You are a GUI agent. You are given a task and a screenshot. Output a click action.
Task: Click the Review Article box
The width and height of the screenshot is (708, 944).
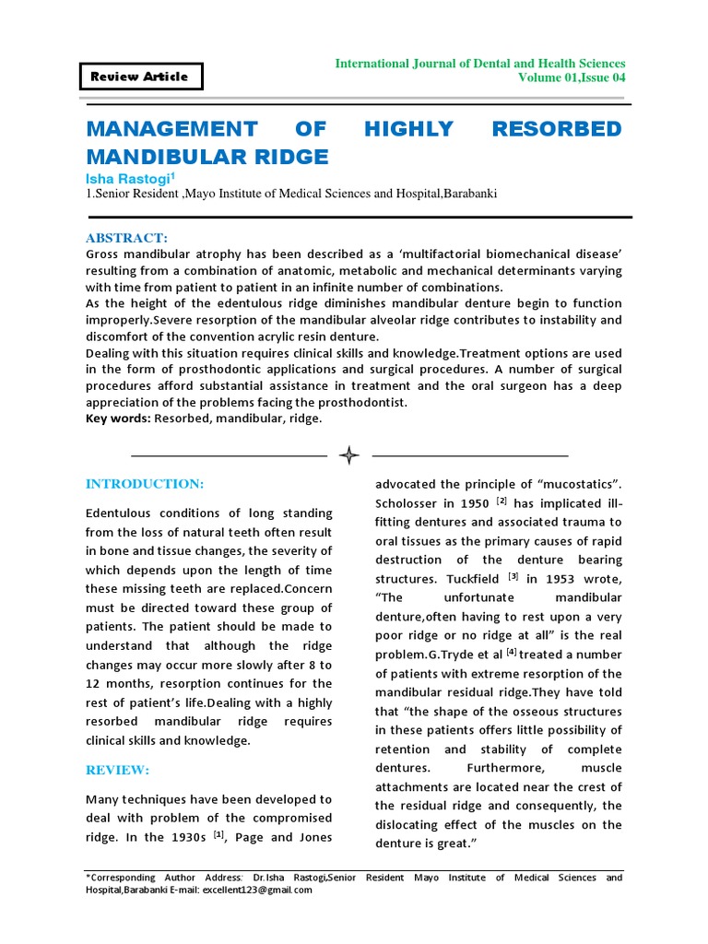point(140,77)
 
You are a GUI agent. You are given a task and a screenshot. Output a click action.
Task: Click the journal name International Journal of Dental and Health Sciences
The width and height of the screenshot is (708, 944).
point(479,63)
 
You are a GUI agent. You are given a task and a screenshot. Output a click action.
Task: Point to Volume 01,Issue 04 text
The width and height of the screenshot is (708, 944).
point(572,78)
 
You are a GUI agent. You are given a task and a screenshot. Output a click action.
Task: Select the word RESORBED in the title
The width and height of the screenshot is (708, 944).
point(557,128)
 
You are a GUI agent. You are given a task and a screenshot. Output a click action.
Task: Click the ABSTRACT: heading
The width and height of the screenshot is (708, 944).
point(127,238)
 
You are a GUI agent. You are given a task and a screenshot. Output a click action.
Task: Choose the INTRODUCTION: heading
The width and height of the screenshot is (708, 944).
point(145,484)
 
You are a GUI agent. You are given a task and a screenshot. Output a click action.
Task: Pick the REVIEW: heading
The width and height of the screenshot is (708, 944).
point(117,770)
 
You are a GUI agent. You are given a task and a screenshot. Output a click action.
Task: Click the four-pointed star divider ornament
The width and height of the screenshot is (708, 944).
point(349,455)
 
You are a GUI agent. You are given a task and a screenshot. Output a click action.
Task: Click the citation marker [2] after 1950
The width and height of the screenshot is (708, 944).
point(501,501)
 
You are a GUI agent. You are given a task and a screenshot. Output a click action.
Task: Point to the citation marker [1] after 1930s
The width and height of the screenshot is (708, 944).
point(218,834)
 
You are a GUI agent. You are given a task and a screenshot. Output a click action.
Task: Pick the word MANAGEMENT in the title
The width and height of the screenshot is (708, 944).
point(171,128)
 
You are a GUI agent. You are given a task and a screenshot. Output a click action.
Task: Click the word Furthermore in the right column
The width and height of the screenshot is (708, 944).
point(500,768)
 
